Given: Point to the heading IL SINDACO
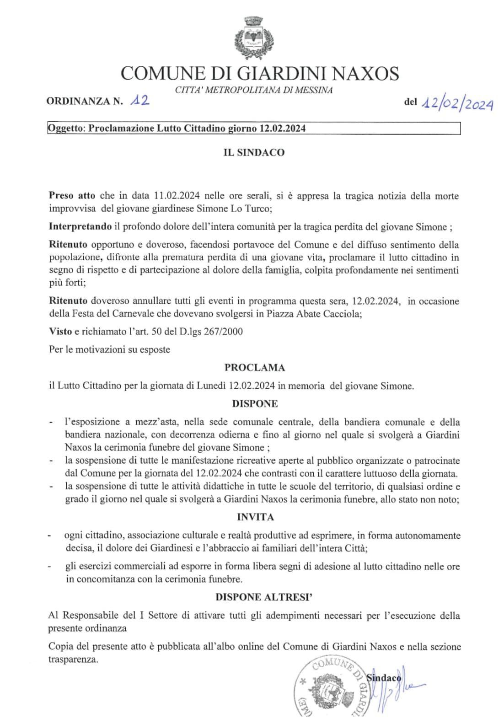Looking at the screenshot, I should [x=254, y=153].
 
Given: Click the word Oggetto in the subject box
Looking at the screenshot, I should [x=66, y=129].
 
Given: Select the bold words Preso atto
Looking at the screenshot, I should [x=72, y=196].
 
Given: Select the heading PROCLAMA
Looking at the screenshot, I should [x=254, y=368].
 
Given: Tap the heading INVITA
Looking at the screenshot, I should [x=255, y=517].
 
